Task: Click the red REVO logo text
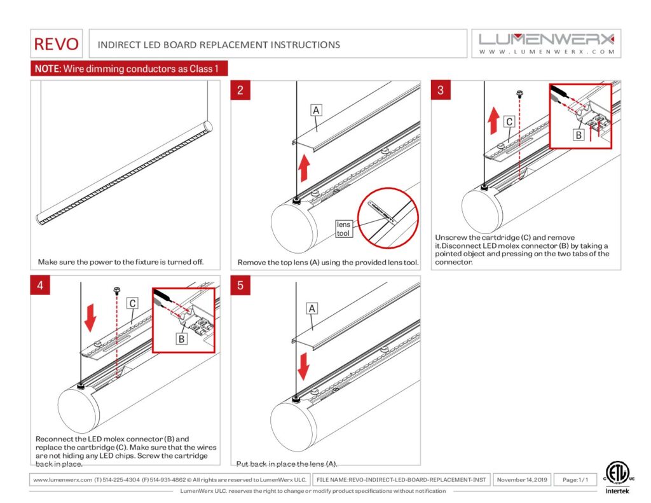pyautogui.click(x=57, y=44)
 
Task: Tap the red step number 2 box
pyautogui.click(x=240, y=90)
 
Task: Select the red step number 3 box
pyautogui.click(x=441, y=90)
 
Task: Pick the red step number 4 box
pyautogui.click(x=40, y=286)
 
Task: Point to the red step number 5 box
pyautogui.click(x=240, y=286)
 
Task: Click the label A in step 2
pyautogui.click(x=316, y=110)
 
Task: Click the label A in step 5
pyautogui.click(x=312, y=308)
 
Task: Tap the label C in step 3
pyautogui.click(x=509, y=121)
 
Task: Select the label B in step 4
pyautogui.click(x=181, y=339)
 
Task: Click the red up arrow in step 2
pyautogui.click(x=305, y=169)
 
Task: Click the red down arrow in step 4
pyautogui.click(x=90, y=317)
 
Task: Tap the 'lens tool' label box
pyautogui.click(x=343, y=229)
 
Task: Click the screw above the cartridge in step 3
pyautogui.click(x=519, y=93)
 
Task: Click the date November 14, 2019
pyautogui.click(x=522, y=479)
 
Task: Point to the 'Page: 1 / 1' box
pyautogui.click(x=575, y=479)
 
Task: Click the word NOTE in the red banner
pyautogui.click(x=46, y=69)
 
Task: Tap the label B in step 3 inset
pyautogui.click(x=578, y=135)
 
